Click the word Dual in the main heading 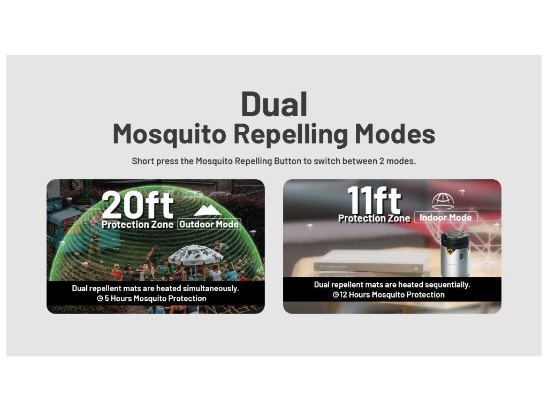[274, 104]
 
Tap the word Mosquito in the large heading [170, 134]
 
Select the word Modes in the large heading [395, 134]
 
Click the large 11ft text [374, 200]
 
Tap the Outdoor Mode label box [209, 224]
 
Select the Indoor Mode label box [446, 217]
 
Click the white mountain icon [207, 210]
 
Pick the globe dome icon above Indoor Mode [443, 201]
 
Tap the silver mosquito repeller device [455, 254]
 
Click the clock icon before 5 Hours [100, 299]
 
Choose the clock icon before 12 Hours [336, 295]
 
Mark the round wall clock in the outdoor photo [77, 184]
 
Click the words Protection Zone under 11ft [374, 218]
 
